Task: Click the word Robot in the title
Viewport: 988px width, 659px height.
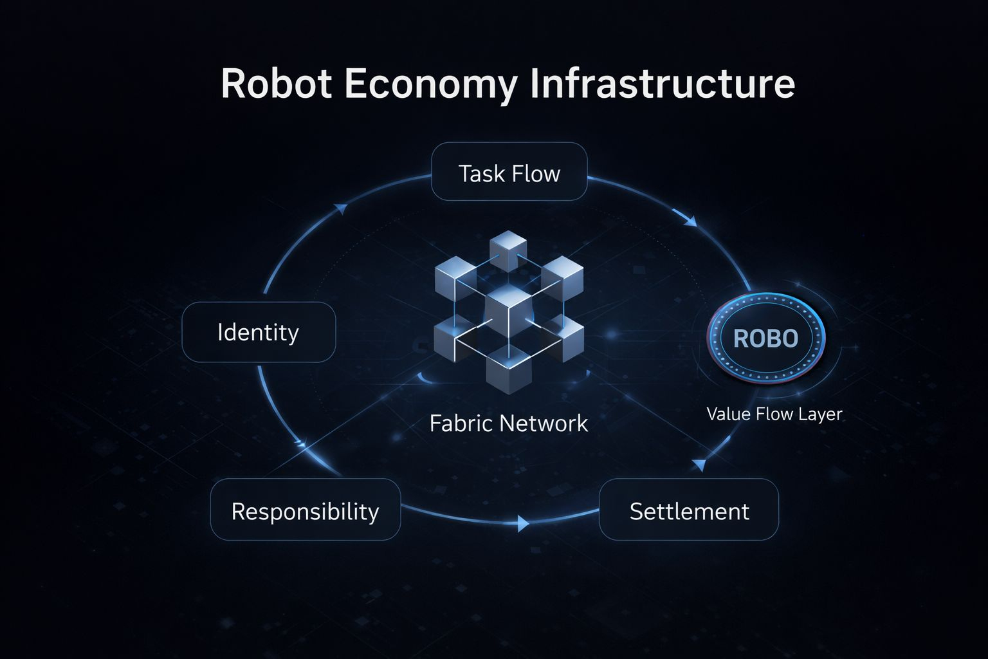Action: pos(276,84)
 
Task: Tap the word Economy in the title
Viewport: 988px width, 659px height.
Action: pos(430,84)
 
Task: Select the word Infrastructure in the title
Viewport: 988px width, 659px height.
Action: pos(662,84)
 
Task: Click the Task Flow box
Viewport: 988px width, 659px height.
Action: pos(509,172)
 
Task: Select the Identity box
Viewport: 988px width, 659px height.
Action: pos(259,332)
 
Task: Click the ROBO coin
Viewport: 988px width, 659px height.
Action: pos(765,339)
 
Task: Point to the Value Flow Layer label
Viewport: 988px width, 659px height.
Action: pos(774,414)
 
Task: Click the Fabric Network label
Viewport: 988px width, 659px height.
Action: pos(508,423)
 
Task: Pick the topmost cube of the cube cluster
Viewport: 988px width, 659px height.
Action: pos(508,249)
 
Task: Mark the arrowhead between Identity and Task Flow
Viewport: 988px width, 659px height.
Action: pos(342,209)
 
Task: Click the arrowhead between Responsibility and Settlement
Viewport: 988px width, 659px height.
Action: pos(523,523)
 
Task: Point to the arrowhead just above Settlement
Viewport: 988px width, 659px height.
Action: pos(699,465)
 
